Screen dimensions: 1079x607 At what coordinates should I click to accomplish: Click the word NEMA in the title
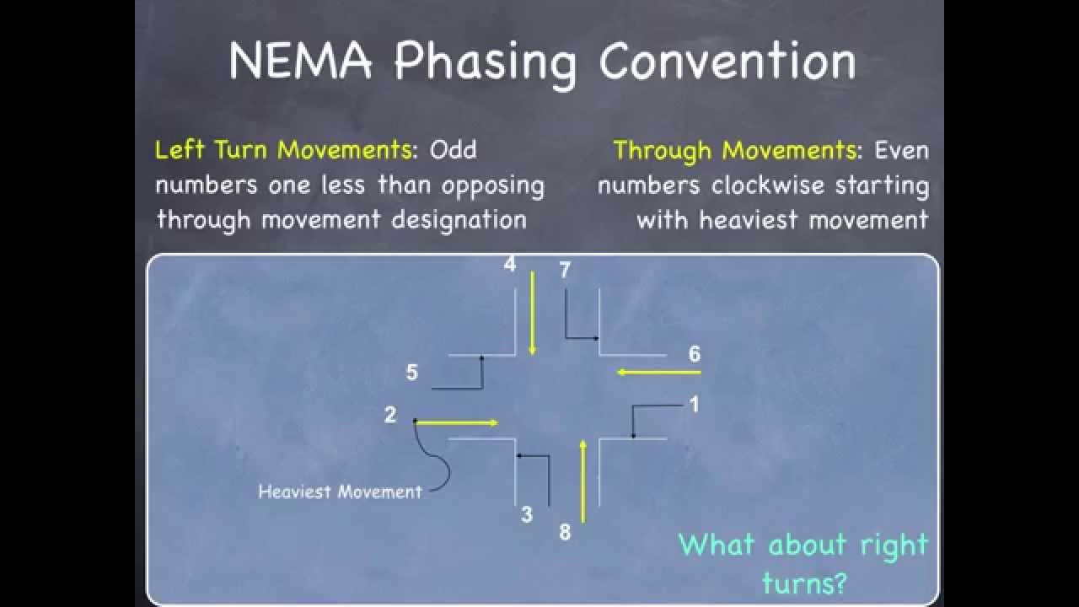click(300, 60)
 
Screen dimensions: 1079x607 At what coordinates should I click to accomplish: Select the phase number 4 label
click(510, 264)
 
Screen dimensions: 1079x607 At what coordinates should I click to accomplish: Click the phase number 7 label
click(565, 270)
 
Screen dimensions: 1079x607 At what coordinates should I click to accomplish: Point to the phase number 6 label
click(694, 354)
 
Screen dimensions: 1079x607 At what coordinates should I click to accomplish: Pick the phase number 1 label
click(694, 404)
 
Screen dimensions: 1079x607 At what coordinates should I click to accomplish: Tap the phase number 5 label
click(412, 373)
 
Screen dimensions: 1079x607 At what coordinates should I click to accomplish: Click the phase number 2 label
click(390, 415)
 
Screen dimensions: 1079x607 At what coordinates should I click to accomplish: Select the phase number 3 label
click(527, 514)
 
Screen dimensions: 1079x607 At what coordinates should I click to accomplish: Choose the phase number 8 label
click(565, 532)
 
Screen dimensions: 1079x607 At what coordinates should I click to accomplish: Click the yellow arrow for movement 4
click(532, 313)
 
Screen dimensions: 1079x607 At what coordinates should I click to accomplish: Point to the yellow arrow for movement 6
click(659, 372)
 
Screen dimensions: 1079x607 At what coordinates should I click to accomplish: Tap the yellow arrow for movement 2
click(456, 423)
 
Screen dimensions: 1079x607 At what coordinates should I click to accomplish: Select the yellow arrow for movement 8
click(583, 481)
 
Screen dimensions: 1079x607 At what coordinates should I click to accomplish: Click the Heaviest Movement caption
click(340, 492)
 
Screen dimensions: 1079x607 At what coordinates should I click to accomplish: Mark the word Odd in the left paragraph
click(453, 150)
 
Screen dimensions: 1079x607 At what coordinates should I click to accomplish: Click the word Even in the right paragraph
click(902, 150)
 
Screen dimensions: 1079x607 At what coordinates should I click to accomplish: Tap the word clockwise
click(767, 185)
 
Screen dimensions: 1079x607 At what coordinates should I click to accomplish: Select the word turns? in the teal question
click(804, 583)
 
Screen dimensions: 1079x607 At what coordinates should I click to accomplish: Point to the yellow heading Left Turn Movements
click(284, 150)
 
